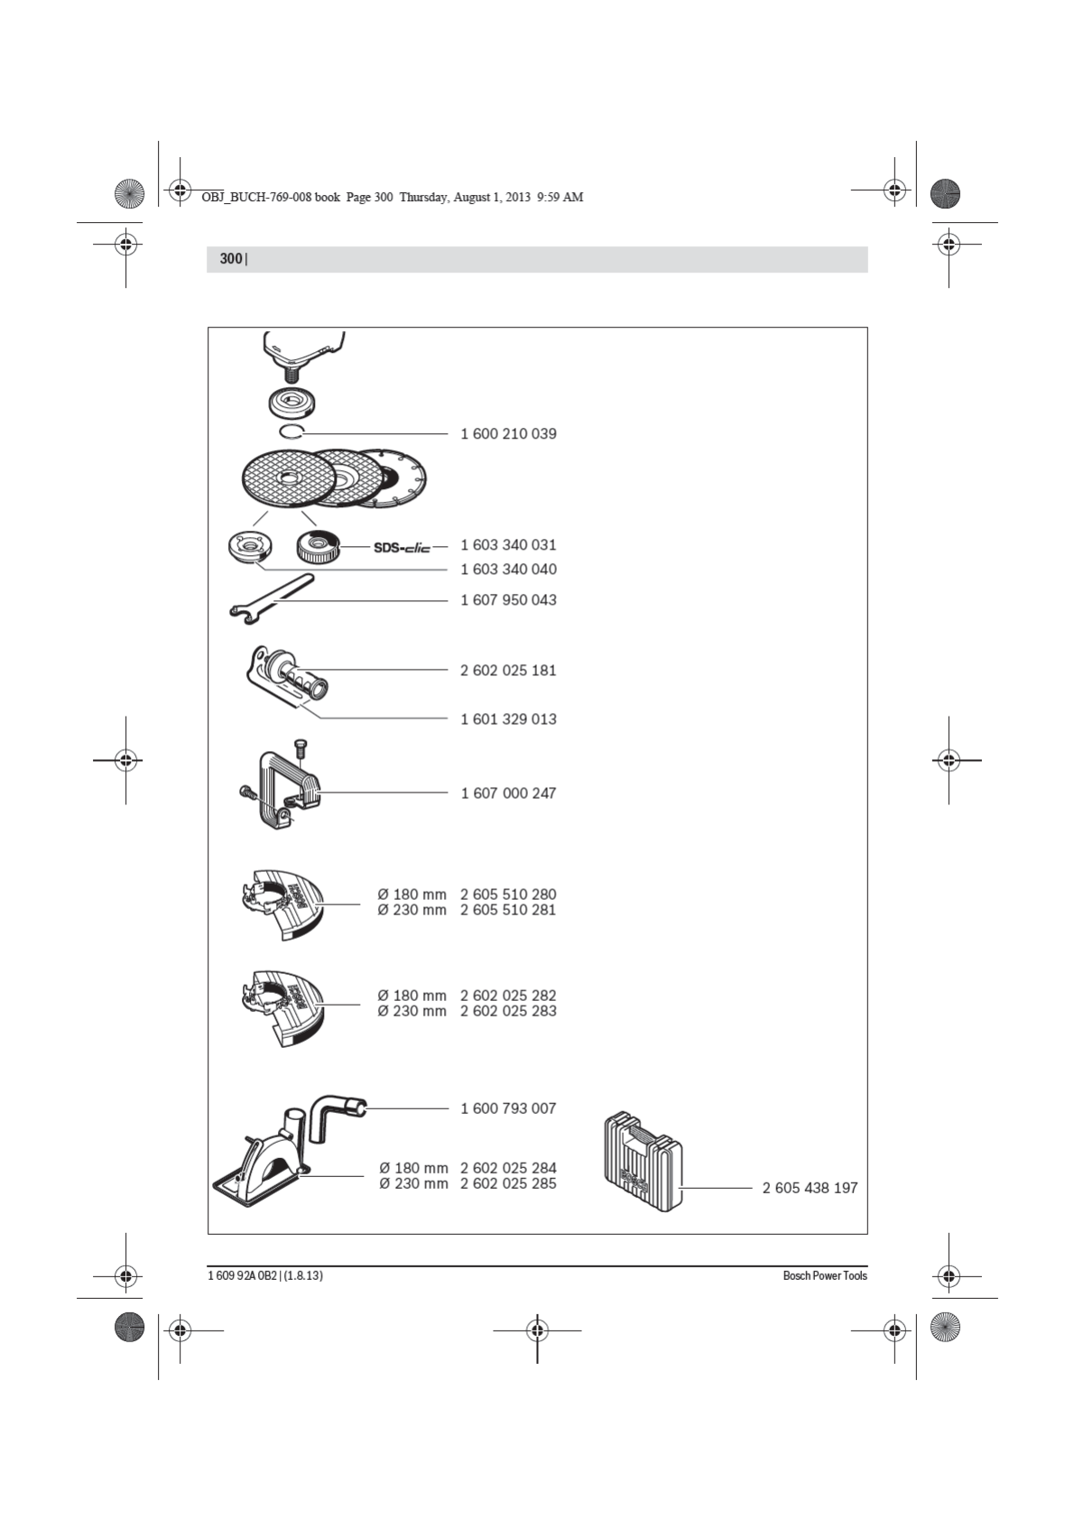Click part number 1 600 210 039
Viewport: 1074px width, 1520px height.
tap(508, 434)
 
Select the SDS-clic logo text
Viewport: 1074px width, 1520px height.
tap(402, 547)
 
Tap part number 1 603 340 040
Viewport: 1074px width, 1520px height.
tap(508, 570)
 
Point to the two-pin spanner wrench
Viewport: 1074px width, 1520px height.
tap(271, 599)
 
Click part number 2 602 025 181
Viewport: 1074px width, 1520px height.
tap(508, 671)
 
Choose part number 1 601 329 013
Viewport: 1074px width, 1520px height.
tap(508, 719)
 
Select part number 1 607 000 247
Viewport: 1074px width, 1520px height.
tap(508, 793)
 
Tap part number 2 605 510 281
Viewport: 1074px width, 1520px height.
tap(508, 911)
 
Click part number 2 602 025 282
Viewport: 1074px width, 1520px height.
tap(508, 996)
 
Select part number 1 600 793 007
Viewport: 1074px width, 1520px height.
tap(508, 1108)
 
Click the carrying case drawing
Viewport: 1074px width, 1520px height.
tap(642, 1161)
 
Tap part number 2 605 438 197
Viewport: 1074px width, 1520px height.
tap(810, 1189)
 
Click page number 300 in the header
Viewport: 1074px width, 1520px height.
tap(231, 259)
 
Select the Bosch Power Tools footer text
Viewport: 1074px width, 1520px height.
tap(824, 1276)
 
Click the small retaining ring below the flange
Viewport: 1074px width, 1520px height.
tap(292, 431)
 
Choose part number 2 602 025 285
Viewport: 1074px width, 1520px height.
tap(508, 1184)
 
